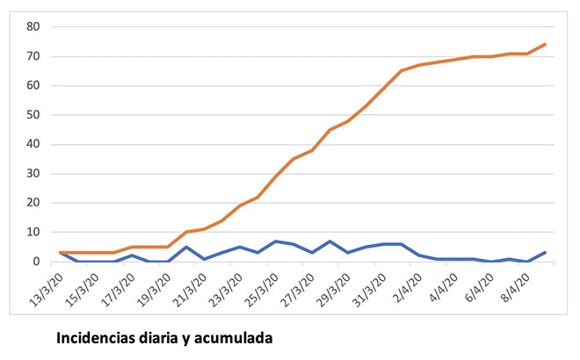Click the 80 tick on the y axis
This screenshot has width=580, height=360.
tap(33, 26)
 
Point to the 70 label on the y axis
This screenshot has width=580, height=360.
tap(33, 56)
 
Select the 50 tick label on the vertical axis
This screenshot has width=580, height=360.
tap(33, 115)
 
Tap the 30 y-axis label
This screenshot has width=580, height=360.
tap(33, 174)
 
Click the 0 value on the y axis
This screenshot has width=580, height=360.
tap(37, 262)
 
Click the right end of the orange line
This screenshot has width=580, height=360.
tap(545, 44)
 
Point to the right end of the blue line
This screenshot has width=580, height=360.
tap(545, 253)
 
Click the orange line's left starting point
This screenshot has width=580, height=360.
tap(61, 253)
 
